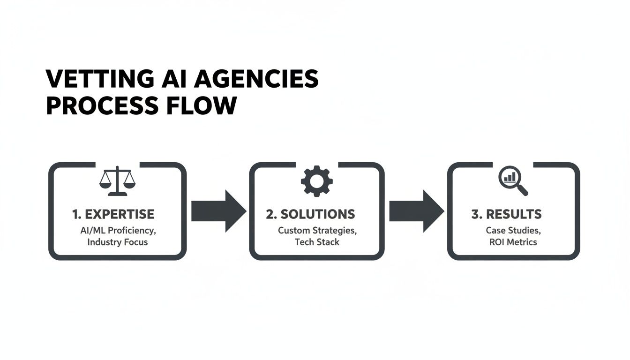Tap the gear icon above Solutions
click(x=316, y=181)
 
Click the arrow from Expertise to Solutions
click(x=218, y=211)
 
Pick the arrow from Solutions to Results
click(x=416, y=211)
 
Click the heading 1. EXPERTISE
click(x=113, y=214)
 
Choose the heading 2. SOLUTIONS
click(x=310, y=214)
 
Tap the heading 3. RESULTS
click(x=506, y=214)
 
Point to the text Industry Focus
click(x=117, y=242)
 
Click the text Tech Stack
click(x=317, y=242)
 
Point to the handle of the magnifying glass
click(x=522, y=190)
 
